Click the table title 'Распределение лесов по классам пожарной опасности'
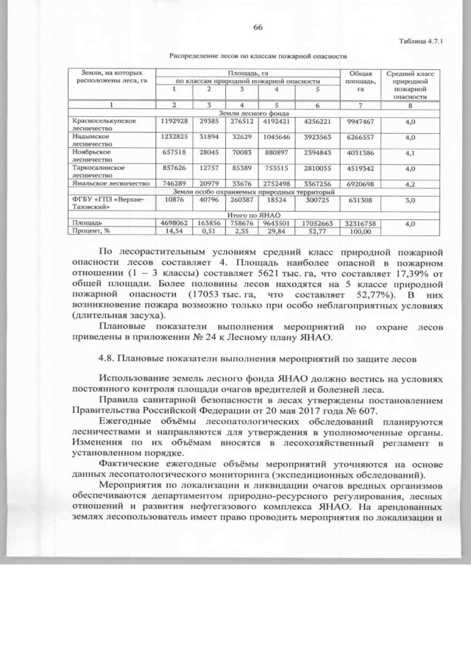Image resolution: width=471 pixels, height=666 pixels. tap(258, 55)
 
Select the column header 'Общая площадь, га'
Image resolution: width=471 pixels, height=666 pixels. tap(360, 81)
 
